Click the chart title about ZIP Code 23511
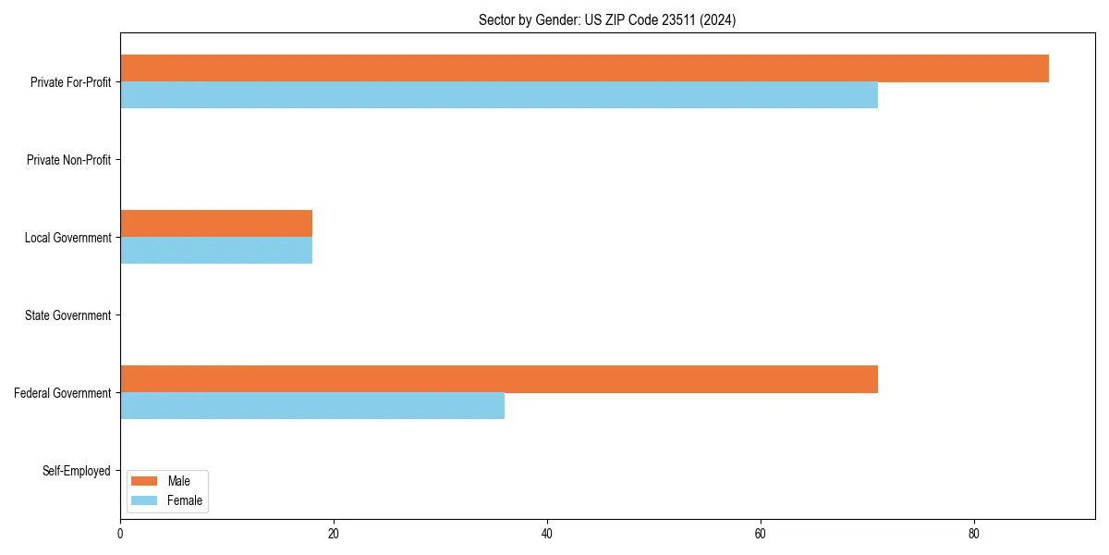coord(607,20)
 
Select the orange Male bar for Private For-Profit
coord(584,68)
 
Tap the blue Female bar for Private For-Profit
coord(499,95)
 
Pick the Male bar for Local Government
coord(216,224)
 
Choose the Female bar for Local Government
coord(216,251)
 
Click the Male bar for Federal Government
coord(499,379)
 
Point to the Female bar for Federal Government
coord(312,406)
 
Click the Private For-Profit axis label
coord(70,82)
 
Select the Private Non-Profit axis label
coord(68,160)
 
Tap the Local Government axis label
coord(67,238)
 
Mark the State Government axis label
coord(67,315)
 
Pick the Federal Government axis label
coord(63,393)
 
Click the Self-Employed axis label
coord(76,471)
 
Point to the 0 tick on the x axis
coord(120,534)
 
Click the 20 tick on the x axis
coord(334,534)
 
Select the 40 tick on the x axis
coord(547,534)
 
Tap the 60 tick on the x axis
coord(761,534)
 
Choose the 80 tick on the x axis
coord(974,534)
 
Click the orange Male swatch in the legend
coord(145,481)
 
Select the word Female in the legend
coord(185,500)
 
